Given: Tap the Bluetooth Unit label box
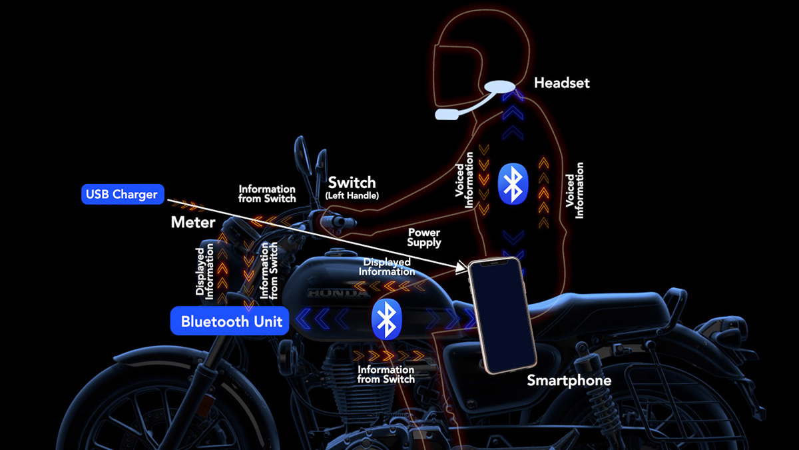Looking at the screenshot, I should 231,321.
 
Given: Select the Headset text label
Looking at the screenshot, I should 561,83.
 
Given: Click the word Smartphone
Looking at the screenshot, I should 569,381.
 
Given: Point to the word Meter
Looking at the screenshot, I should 192,222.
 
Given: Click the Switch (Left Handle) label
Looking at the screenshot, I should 352,187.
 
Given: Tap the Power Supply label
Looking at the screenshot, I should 424,238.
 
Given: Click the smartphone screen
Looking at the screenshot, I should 501,315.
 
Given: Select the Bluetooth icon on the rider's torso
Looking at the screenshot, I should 513,183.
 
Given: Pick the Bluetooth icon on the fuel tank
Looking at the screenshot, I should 384,319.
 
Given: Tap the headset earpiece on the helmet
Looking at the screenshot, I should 500,87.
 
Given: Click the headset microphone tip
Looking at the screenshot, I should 447,115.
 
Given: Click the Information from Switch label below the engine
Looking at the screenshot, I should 386,374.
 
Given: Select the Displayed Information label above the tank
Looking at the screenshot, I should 386,267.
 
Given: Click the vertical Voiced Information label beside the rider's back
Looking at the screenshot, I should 575,190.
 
